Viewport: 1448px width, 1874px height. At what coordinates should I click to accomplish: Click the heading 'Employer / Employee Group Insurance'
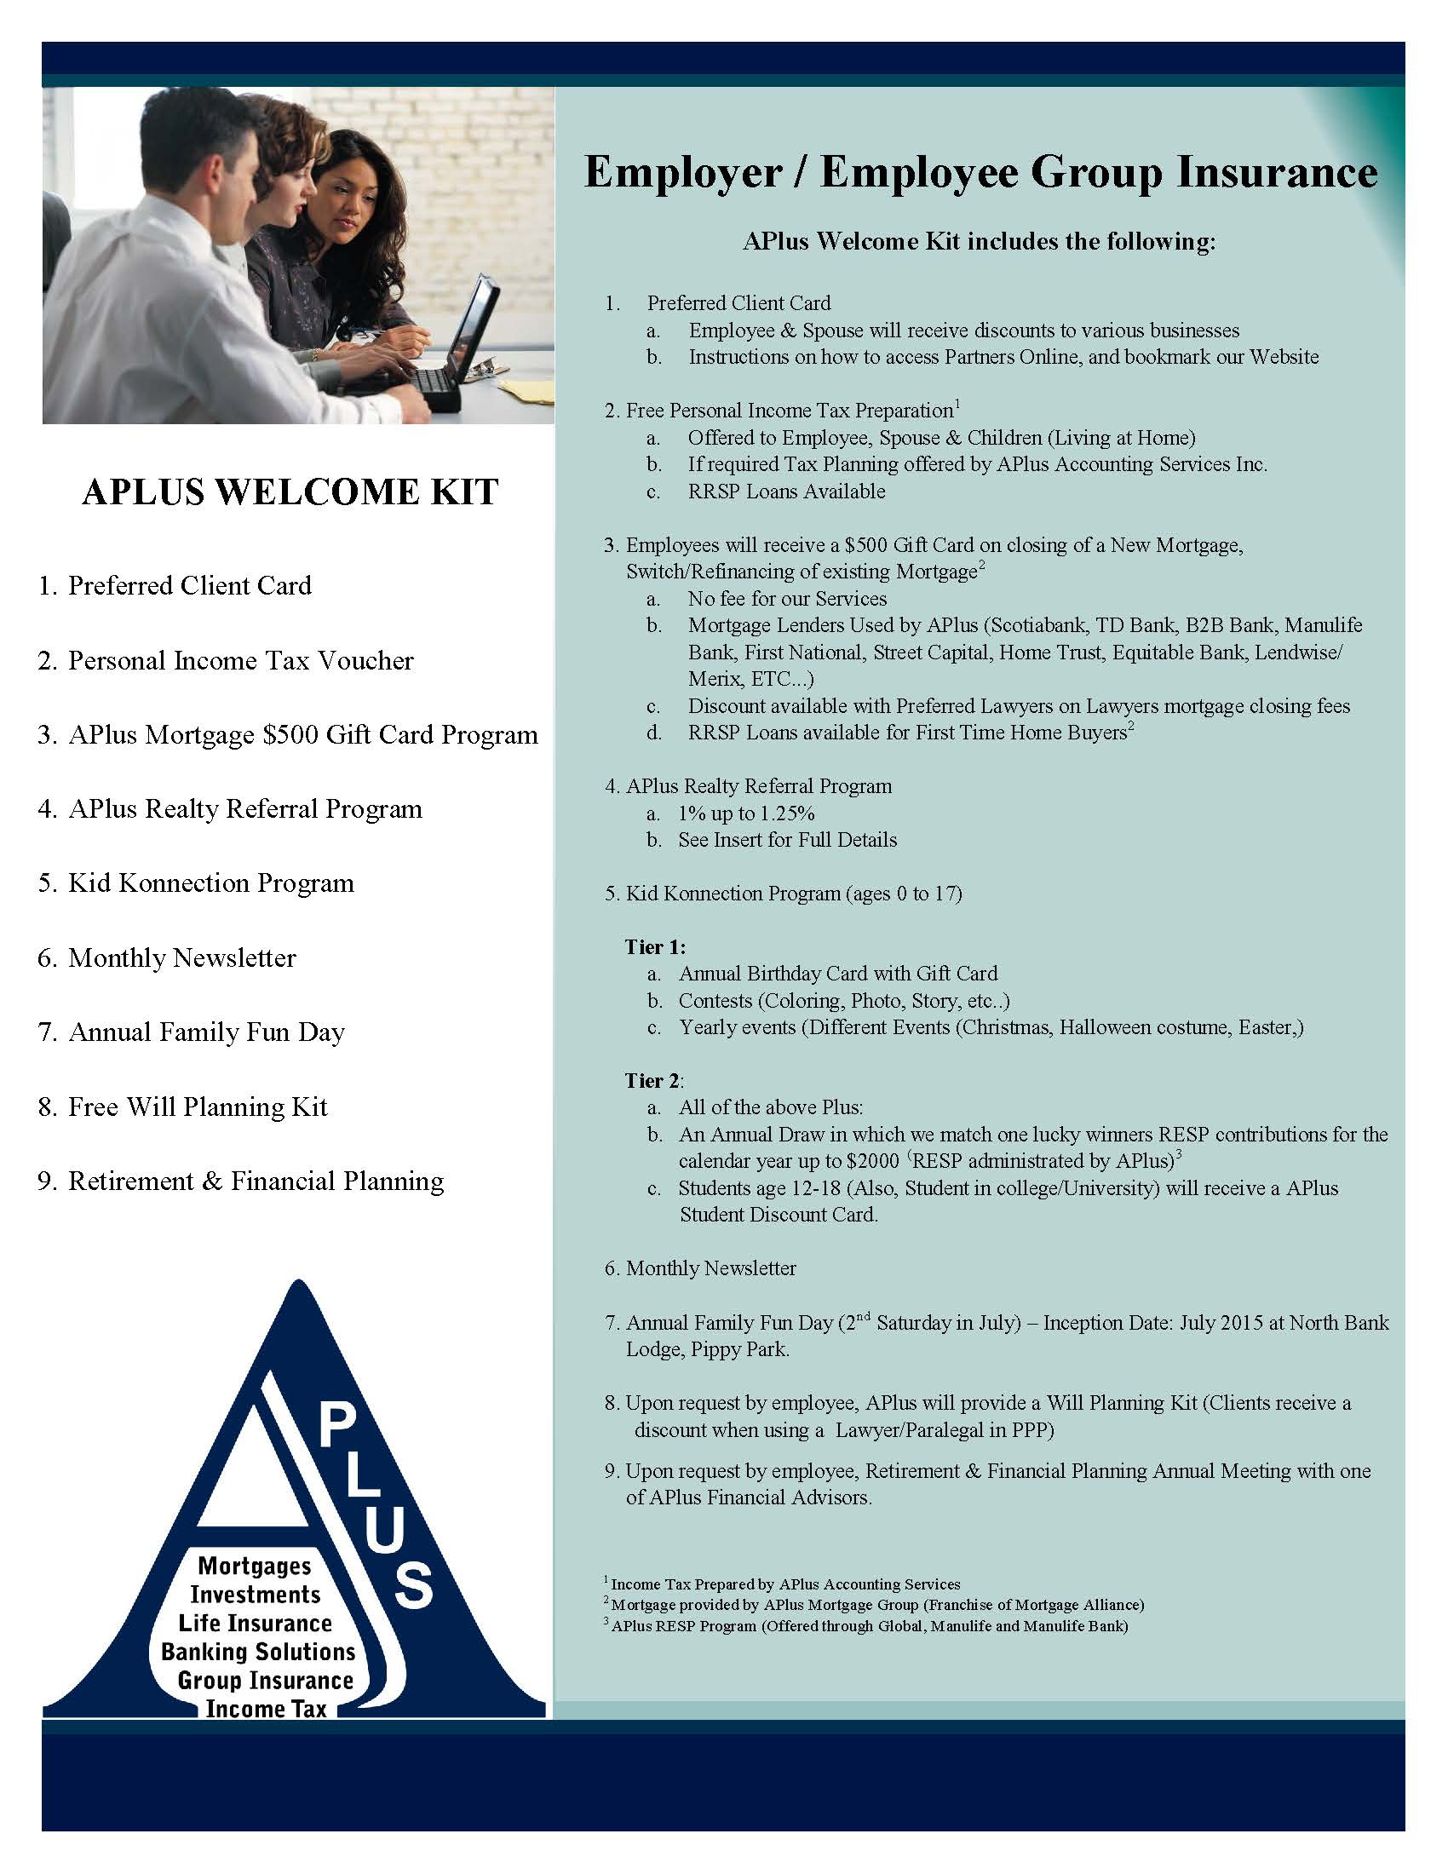980,171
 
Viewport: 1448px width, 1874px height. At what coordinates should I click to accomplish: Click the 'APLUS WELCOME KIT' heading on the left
290,492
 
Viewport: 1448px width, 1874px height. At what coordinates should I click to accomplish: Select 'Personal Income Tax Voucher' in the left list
240,661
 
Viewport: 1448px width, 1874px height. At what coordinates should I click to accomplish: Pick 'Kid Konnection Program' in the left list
210,883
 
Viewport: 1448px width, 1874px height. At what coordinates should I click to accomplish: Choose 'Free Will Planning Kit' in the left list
198,1107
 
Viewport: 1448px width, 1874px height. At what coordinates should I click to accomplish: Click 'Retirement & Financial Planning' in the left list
256,1181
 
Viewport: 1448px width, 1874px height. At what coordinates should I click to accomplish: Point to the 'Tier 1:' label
654,946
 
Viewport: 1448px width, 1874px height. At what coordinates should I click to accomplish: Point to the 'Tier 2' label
652,1080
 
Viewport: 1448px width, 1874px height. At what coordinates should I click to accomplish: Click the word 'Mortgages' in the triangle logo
255,1566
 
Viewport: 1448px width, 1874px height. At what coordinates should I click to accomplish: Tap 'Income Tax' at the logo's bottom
266,1709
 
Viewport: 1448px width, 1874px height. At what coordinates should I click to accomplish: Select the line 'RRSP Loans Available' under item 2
786,491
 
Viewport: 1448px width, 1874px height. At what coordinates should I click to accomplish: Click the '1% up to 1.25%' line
745,813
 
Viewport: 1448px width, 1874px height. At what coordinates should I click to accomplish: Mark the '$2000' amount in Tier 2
872,1162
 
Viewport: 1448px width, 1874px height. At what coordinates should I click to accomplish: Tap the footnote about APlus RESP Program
868,1626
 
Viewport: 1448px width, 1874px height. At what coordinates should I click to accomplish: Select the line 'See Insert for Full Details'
787,840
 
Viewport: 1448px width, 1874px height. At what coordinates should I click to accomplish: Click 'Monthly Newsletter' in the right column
710,1268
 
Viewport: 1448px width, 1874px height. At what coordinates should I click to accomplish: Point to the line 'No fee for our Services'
787,599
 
